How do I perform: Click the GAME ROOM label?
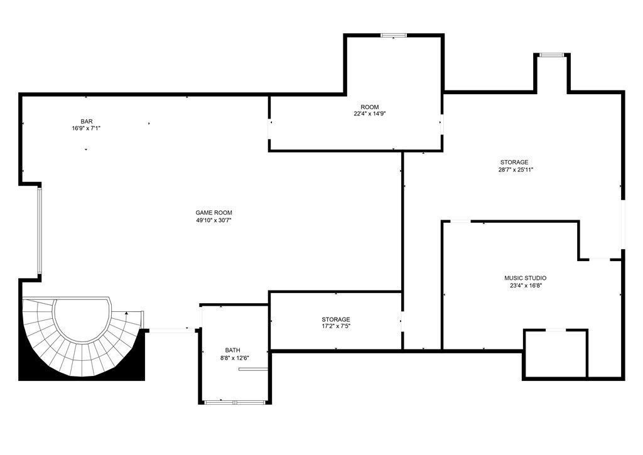[213, 213]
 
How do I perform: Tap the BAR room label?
[87, 121]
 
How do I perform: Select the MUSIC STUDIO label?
[526, 278]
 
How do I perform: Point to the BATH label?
[232, 350]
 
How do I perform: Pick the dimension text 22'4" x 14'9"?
[370, 114]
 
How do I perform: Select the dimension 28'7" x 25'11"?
[516, 169]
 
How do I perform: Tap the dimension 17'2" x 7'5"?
[336, 326]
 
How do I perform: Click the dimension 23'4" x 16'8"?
[526, 286]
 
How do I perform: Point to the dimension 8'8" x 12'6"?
[232, 358]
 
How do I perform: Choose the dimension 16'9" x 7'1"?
[87, 128]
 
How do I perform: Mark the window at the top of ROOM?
[394, 36]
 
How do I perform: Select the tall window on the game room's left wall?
[40, 231]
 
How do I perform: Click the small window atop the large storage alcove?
[551, 55]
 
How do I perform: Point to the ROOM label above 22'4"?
[370, 107]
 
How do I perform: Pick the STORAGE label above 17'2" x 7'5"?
[336, 319]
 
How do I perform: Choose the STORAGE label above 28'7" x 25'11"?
[514, 163]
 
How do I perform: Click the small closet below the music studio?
[556, 354]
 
